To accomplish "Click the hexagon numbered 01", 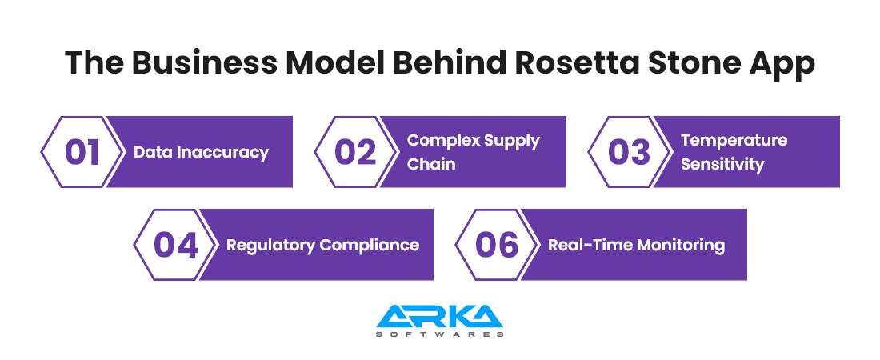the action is [82, 152].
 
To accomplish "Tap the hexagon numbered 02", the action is [355, 152].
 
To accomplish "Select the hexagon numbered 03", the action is [629, 152].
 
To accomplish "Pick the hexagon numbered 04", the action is [175, 245].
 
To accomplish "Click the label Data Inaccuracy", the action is [201, 152].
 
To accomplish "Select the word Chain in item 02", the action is [431, 164].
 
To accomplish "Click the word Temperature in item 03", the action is [734, 141].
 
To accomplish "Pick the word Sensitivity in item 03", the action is [722, 164].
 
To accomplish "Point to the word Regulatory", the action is [270, 246].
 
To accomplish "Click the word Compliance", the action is [370, 246].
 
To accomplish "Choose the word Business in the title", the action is [204, 62].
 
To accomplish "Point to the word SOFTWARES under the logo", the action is [439, 334].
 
